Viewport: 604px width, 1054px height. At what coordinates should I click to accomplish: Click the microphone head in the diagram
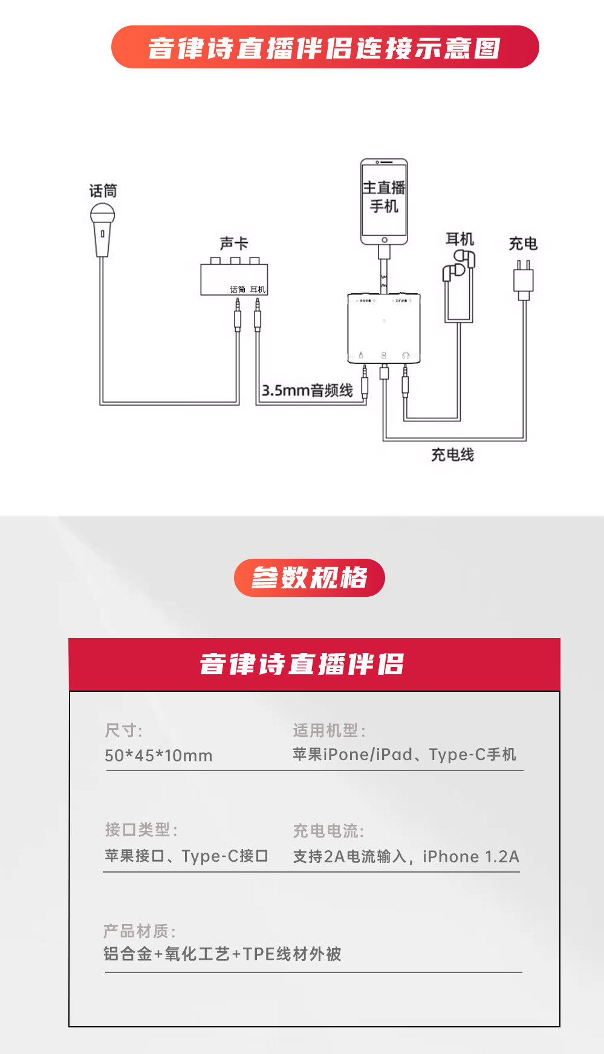point(102,214)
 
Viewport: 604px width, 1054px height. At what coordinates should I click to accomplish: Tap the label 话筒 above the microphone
point(103,191)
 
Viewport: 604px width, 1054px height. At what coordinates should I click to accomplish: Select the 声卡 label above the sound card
point(234,243)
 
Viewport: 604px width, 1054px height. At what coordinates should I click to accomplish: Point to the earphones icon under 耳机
point(459,266)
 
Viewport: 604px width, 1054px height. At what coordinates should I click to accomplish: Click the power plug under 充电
point(523,280)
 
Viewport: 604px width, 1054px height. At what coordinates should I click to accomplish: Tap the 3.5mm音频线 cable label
point(307,391)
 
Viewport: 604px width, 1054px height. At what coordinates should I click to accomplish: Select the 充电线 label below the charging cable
point(452,455)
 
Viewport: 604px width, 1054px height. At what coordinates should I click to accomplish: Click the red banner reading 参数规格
point(309,577)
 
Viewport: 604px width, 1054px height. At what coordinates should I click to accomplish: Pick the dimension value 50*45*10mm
point(158,755)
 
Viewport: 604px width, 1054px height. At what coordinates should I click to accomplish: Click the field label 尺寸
point(123,730)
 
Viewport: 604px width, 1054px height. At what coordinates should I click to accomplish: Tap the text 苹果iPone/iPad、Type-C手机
point(404,755)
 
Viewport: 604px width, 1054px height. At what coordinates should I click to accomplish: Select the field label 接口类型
point(141,830)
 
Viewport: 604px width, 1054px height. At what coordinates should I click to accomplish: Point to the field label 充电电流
point(328,831)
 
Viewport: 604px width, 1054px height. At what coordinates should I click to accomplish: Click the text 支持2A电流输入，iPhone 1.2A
point(406,856)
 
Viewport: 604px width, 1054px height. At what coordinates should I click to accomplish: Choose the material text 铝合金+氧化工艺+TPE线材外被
point(222,954)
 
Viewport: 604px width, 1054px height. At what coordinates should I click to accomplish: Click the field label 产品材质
point(139,931)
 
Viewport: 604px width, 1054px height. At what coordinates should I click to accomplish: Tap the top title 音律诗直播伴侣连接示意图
point(325,48)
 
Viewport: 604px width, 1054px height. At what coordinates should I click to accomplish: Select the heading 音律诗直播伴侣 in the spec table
point(302,664)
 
